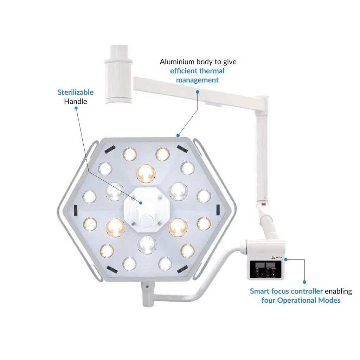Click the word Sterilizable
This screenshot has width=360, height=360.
(76, 92)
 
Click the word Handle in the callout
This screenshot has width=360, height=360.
(76, 102)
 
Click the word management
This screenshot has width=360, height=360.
(197, 80)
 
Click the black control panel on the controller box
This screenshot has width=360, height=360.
(265, 269)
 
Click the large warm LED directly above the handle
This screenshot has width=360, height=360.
(146, 173)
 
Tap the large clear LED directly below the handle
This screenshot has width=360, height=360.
(147, 245)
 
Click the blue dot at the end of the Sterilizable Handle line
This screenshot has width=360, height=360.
(141, 203)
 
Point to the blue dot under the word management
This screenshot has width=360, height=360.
(198, 92)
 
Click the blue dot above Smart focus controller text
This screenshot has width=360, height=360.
(304, 282)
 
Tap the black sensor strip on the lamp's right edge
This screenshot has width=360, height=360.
(218, 209)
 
